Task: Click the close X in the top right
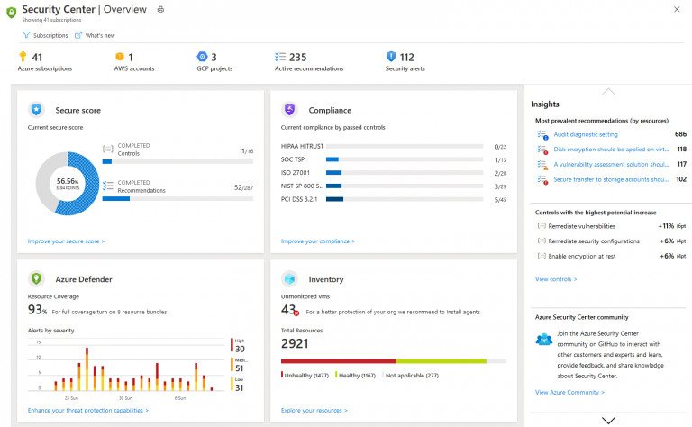tap(677, 9)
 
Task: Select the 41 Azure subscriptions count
tap(37, 57)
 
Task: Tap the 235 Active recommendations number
tap(297, 57)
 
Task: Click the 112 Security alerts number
tap(406, 57)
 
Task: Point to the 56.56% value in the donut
tap(68, 180)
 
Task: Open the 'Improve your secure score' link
tap(66, 241)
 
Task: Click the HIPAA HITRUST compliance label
tap(302, 146)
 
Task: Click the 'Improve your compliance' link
tap(317, 241)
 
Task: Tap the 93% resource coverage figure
tap(37, 310)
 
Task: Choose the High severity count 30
tap(240, 348)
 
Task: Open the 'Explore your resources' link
tap(314, 410)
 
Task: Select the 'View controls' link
tap(556, 279)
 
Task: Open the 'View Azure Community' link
tap(569, 392)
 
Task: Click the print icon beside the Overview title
tap(160, 9)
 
